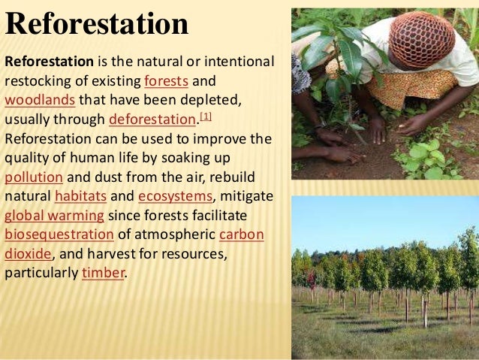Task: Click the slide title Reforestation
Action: (97, 24)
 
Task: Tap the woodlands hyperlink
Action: (39, 99)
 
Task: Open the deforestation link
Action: (152, 119)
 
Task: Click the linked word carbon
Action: (241, 235)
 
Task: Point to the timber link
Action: (103, 274)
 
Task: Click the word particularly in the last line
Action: (41, 274)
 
